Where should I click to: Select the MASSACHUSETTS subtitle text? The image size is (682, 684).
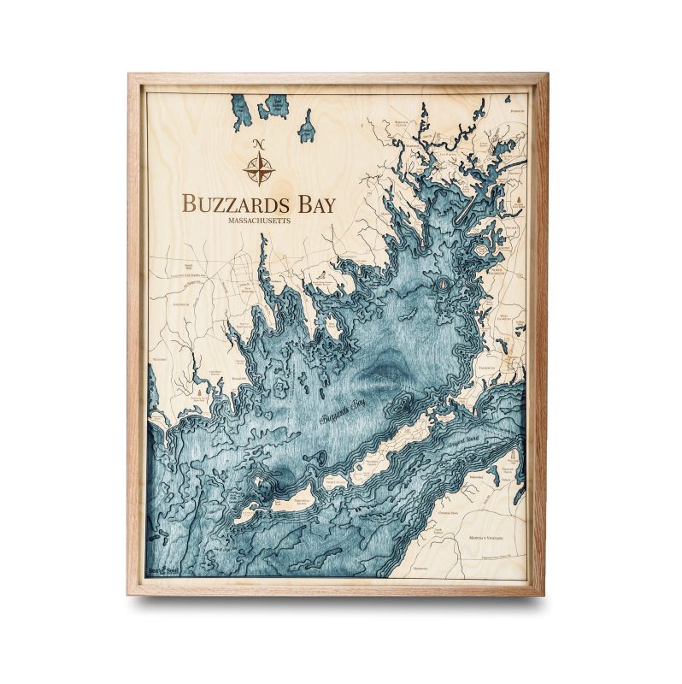click(260, 221)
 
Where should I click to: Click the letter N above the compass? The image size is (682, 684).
click(259, 143)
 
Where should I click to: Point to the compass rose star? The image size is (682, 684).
click(259, 168)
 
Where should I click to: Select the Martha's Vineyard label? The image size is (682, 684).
click(498, 536)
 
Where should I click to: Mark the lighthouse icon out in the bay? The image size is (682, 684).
click(443, 284)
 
